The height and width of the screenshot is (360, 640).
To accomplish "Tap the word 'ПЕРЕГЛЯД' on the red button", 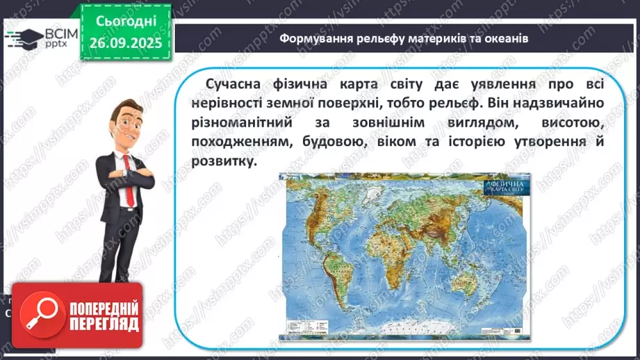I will (x=102, y=325).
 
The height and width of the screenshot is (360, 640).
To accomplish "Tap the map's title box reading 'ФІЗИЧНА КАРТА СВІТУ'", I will (x=506, y=186).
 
